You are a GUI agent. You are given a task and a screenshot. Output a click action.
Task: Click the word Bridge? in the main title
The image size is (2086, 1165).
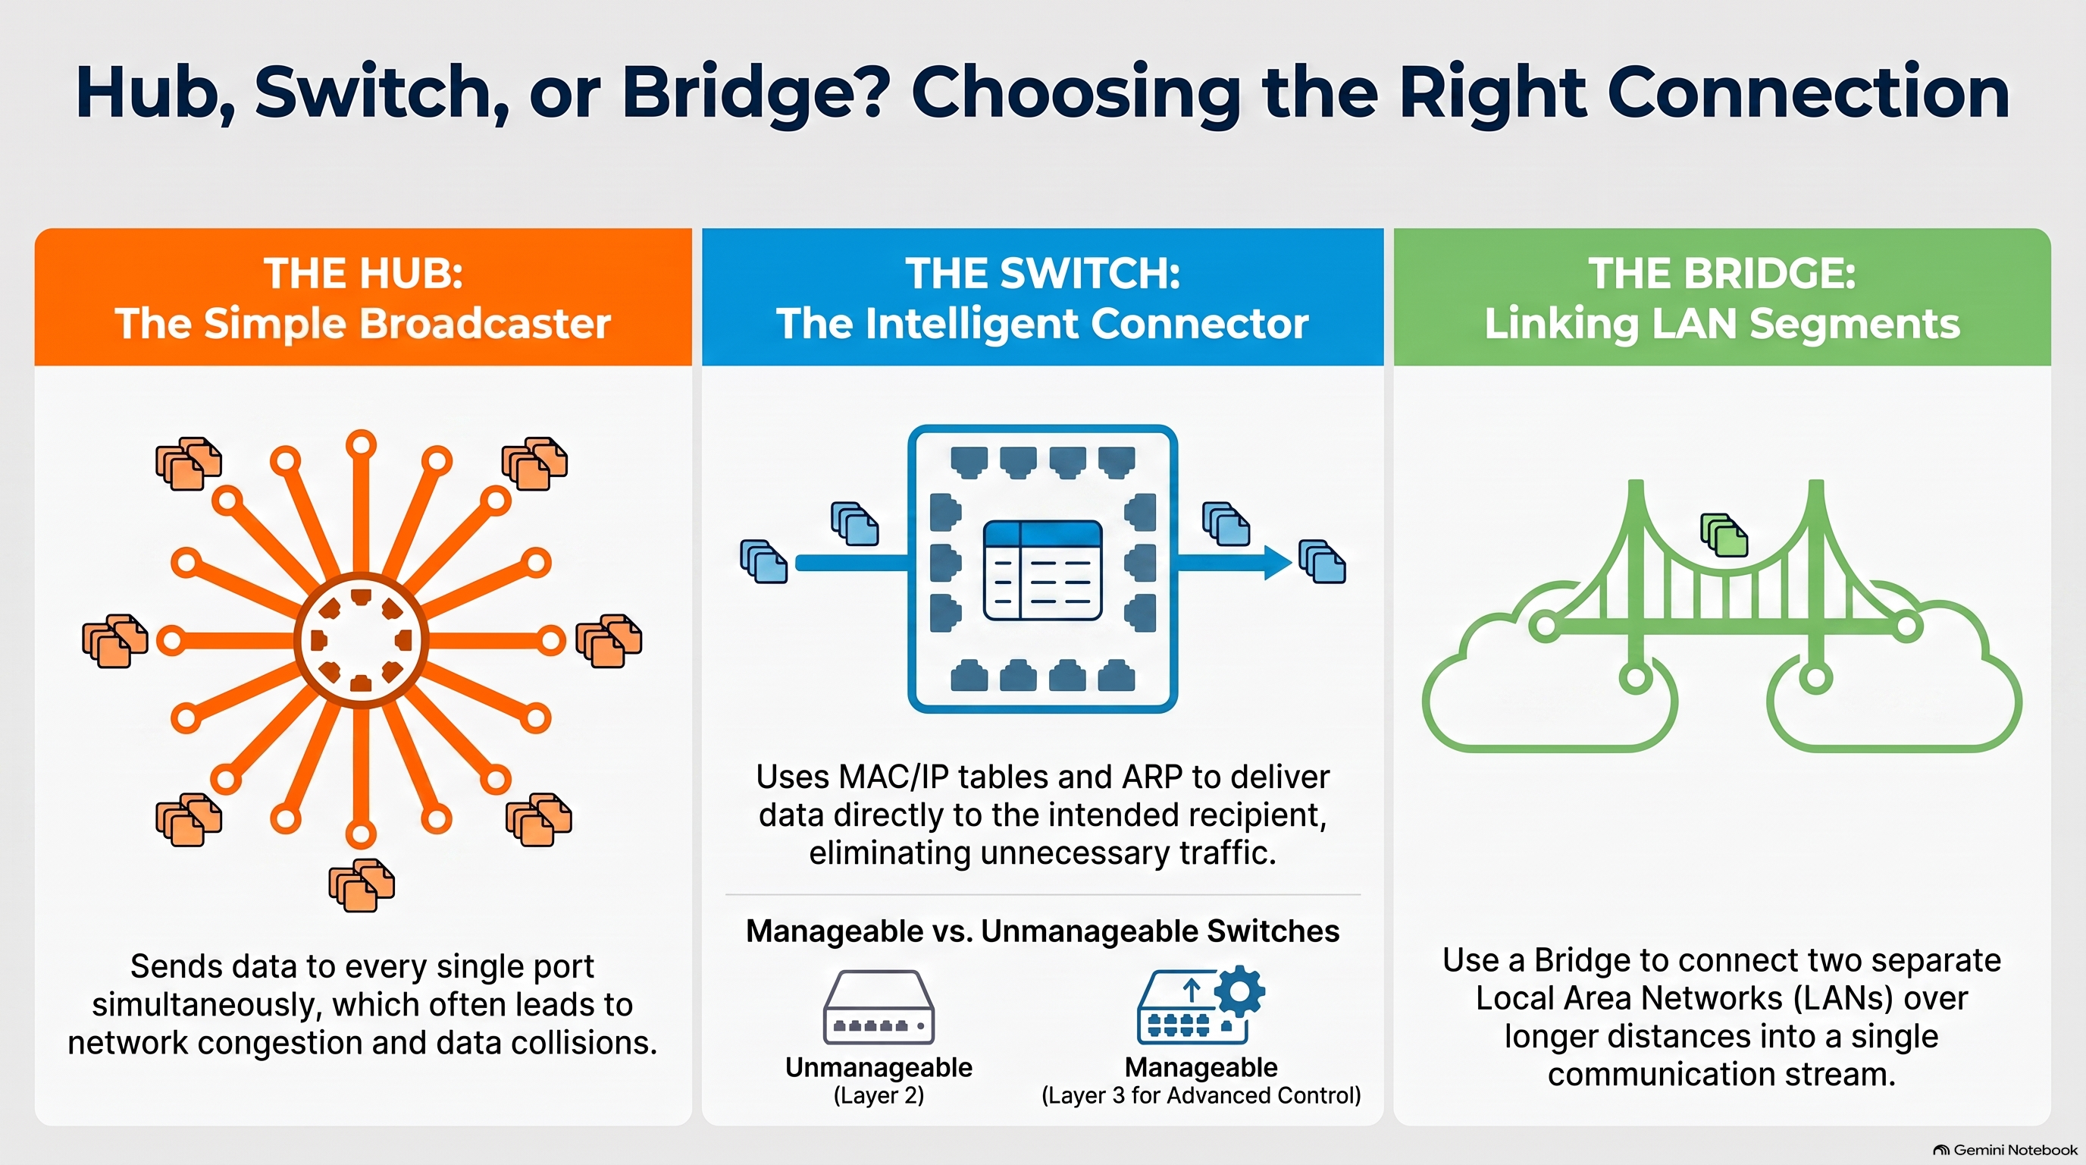[756, 94]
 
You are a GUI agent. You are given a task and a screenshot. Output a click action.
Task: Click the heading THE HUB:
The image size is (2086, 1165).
[364, 273]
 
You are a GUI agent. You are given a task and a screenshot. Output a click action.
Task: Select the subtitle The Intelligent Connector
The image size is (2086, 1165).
[1042, 324]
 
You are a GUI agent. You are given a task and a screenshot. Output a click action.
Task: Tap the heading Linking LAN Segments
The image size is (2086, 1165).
[1721, 324]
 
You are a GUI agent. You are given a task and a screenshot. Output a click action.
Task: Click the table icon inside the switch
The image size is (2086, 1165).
[1042, 570]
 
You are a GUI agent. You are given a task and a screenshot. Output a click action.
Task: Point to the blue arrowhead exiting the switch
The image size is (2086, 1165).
[1278, 562]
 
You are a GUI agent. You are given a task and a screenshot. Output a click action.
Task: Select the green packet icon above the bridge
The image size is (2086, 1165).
[1724, 535]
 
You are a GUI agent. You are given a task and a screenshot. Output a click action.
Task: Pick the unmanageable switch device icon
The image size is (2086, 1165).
[879, 1007]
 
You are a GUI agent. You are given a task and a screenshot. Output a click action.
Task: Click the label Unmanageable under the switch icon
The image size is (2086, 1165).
[879, 1068]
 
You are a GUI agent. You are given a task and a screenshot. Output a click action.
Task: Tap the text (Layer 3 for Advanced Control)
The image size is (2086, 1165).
[1201, 1096]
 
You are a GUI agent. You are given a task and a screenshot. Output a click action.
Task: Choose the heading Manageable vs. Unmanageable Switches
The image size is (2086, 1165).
[1042, 931]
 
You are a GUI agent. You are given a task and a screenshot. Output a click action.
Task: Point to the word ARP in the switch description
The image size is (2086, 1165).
[1151, 777]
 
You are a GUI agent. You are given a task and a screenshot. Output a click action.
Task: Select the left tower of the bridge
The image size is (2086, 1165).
[1636, 583]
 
